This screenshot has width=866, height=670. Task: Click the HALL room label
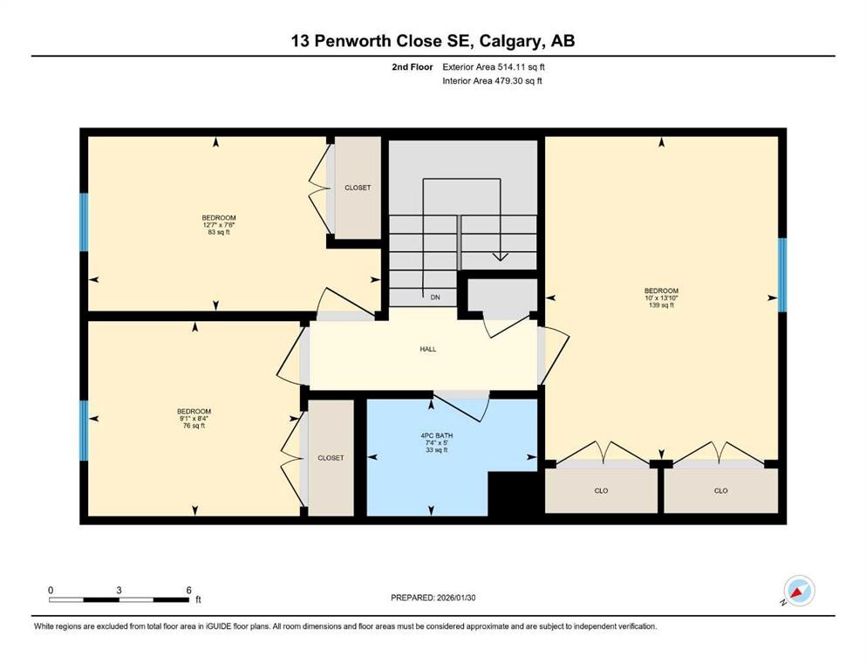(426, 349)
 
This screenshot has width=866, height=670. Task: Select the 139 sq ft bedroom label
(660, 297)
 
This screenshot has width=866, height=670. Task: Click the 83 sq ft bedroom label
(219, 225)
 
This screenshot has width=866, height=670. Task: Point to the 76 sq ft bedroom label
(194, 418)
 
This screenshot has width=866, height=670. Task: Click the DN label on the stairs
(434, 297)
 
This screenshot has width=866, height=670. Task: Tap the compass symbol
(799, 591)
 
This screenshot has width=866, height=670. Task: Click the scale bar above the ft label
(119, 599)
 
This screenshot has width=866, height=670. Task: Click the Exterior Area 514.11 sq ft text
(495, 66)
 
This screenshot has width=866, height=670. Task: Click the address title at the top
(433, 41)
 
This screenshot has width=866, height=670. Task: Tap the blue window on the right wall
(781, 274)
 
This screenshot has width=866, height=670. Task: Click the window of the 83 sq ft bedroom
(84, 222)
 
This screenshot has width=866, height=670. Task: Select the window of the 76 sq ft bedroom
(84, 429)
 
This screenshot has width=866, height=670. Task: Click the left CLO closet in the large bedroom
(601, 491)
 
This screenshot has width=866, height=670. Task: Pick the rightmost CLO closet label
(720, 491)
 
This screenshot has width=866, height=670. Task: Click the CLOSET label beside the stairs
(358, 188)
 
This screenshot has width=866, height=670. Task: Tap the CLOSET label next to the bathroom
(331, 458)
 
